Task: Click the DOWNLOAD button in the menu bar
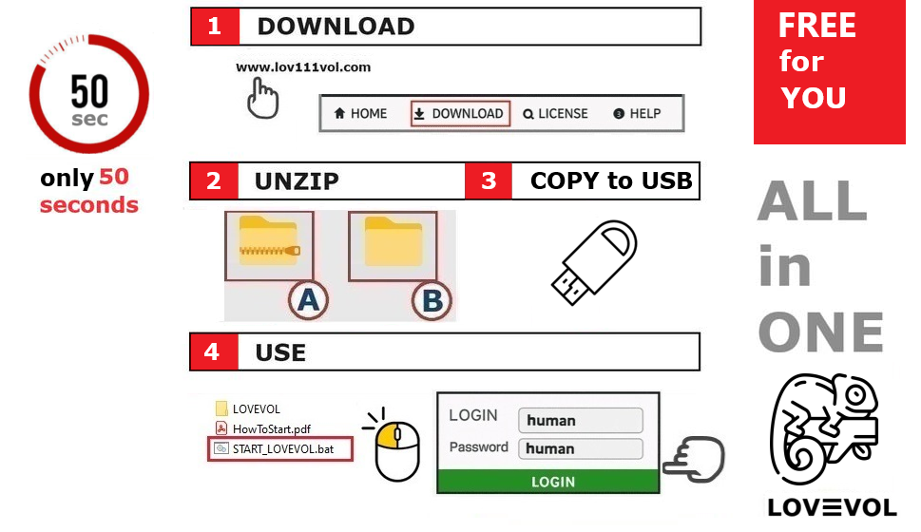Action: click(461, 114)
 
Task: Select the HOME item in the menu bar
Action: click(360, 114)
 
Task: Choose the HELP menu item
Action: click(637, 114)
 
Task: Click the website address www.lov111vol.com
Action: click(303, 67)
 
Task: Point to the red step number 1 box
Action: click(214, 27)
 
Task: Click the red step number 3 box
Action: click(489, 180)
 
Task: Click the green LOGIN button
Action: click(547, 482)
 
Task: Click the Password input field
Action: click(580, 448)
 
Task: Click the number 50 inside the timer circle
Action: click(89, 91)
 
